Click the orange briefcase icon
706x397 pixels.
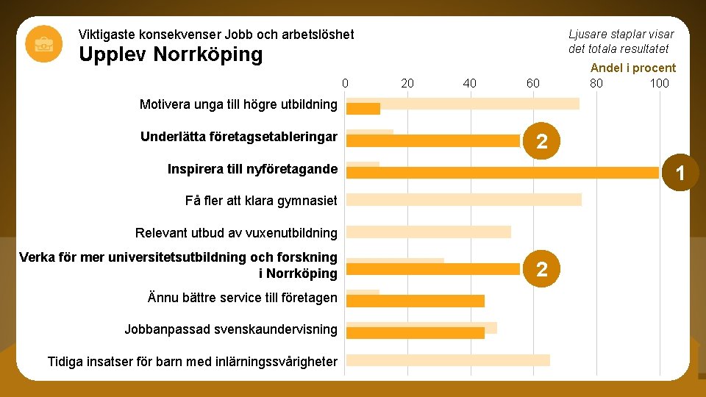click(43, 44)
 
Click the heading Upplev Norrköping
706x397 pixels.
click(170, 55)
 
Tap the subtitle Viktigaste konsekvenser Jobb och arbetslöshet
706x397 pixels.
click(215, 35)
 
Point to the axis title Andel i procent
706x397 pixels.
click(632, 68)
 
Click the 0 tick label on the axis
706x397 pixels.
click(345, 83)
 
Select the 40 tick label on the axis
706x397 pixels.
click(470, 83)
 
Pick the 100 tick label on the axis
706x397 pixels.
click(659, 83)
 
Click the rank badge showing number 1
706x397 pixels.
click(681, 173)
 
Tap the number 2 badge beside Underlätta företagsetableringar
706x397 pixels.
click(541, 141)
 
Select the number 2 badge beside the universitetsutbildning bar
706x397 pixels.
click(541, 269)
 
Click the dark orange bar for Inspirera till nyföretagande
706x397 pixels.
click(502, 173)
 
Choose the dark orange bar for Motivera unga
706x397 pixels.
click(363, 109)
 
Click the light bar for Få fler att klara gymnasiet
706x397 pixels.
click(463, 199)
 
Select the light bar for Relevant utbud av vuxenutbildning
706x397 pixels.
click(428, 232)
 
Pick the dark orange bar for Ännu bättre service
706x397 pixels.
click(415, 301)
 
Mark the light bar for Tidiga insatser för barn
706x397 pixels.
click(447, 360)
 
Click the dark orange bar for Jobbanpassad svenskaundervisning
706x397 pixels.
click(415, 333)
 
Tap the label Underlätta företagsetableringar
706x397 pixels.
click(238, 137)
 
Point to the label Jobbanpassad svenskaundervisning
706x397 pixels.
click(231, 329)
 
